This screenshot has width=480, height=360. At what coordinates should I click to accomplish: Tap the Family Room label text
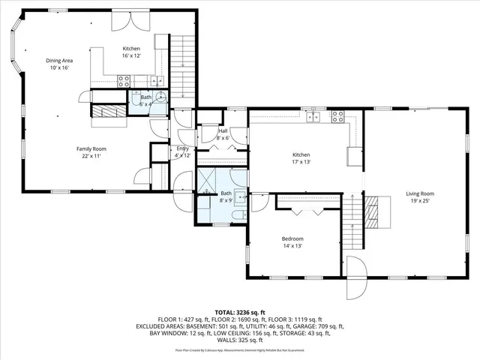[88, 151]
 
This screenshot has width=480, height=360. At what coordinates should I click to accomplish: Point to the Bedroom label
[292, 242]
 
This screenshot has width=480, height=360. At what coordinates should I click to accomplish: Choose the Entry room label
[182, 151]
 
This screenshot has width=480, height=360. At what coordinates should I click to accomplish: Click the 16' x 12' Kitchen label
[132, 52]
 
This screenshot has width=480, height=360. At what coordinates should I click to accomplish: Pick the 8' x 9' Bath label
[226, 196]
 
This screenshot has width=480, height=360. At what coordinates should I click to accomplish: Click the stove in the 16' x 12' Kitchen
[124, 79]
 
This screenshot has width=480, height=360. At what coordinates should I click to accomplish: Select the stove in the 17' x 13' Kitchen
[337, 116]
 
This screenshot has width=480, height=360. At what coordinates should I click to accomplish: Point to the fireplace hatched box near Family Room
[106, 110]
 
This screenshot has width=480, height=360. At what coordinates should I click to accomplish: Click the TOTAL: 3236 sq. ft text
[240, 312]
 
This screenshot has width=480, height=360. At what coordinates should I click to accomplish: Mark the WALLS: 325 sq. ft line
[240, 341]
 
